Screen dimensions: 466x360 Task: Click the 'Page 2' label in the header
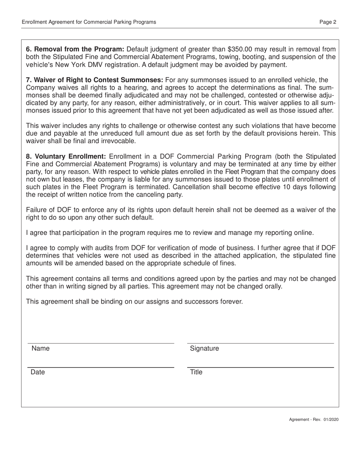328,22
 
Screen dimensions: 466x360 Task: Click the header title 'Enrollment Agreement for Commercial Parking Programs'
89,22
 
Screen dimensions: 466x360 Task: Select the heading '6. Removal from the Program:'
75,49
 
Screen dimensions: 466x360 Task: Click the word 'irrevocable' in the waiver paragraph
117,141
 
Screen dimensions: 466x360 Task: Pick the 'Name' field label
40,349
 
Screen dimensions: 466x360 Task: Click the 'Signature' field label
204,349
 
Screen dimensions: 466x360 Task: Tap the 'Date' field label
38,372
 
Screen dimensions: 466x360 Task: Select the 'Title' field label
196,372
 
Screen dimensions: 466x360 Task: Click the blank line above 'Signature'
261,343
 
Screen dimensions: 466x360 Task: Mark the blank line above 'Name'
100,343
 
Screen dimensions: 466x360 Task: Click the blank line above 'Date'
100,367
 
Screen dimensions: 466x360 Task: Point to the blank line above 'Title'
261,367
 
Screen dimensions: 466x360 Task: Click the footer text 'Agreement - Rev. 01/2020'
314,420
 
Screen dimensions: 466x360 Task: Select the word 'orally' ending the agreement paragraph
271,286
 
